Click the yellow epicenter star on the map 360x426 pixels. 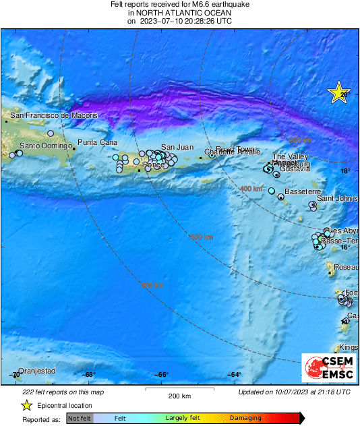point(338,93)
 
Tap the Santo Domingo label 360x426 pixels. point(45,146)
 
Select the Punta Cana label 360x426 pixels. point(98,142)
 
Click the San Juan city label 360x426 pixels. point(177,147)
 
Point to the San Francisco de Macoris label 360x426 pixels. point(53,116)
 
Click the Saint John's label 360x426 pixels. point(336,199)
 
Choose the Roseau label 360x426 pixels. point(346,268)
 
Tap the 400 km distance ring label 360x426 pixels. point(251,189)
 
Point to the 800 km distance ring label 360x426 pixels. point(152,286)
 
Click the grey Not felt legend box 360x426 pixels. point(80,419)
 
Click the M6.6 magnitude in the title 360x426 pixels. point(189,4)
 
